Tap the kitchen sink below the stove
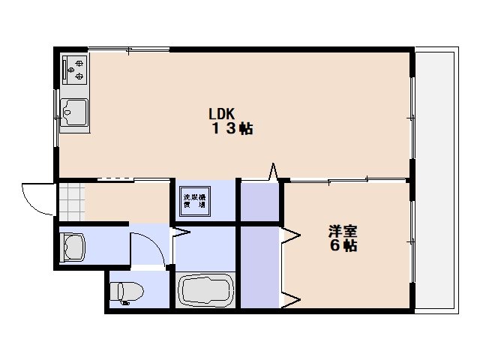click(x=73, y=115)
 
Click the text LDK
click(x=222, y=114)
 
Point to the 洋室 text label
click(x=342, y=230)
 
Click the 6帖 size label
click(x=342, y=245)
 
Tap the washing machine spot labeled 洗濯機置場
click(x=193, y=200)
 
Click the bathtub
click(x=206, y=289)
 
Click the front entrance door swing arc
click(x=37, y=199)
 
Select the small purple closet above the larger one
click(x=258, y=201)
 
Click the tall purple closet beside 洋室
click(x=258, y=266)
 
